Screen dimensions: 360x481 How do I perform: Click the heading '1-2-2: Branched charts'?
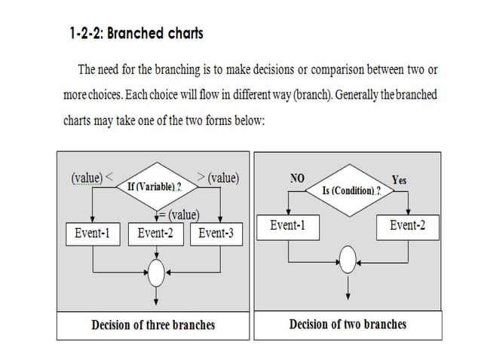pyautogui.click(x=136, y=34)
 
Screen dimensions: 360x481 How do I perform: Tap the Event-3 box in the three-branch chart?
pyautogui.click(x=216, y=233)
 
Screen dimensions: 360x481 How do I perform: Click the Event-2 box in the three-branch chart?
pyautogui.click(x=155, y=233)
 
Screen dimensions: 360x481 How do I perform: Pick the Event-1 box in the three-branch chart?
pyautogui.click(x=92, y=233)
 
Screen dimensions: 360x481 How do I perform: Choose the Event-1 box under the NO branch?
pyautogui.click(x=287, y=226)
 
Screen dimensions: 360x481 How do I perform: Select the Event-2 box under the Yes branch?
pyautogui.click(x=407, y=226)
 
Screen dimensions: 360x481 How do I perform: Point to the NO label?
pyautogui.click(x=297, y=179)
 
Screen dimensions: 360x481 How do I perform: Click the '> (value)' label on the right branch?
pyautogui.click(x=218, y=178)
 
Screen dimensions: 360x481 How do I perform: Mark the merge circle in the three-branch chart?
pyautogui.click(x=155, y=272)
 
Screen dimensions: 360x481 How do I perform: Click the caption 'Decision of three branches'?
pyautogui.click(x=153, y=325)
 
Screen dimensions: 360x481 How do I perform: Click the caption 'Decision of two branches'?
pyautogui.click(x=348, y=325)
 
